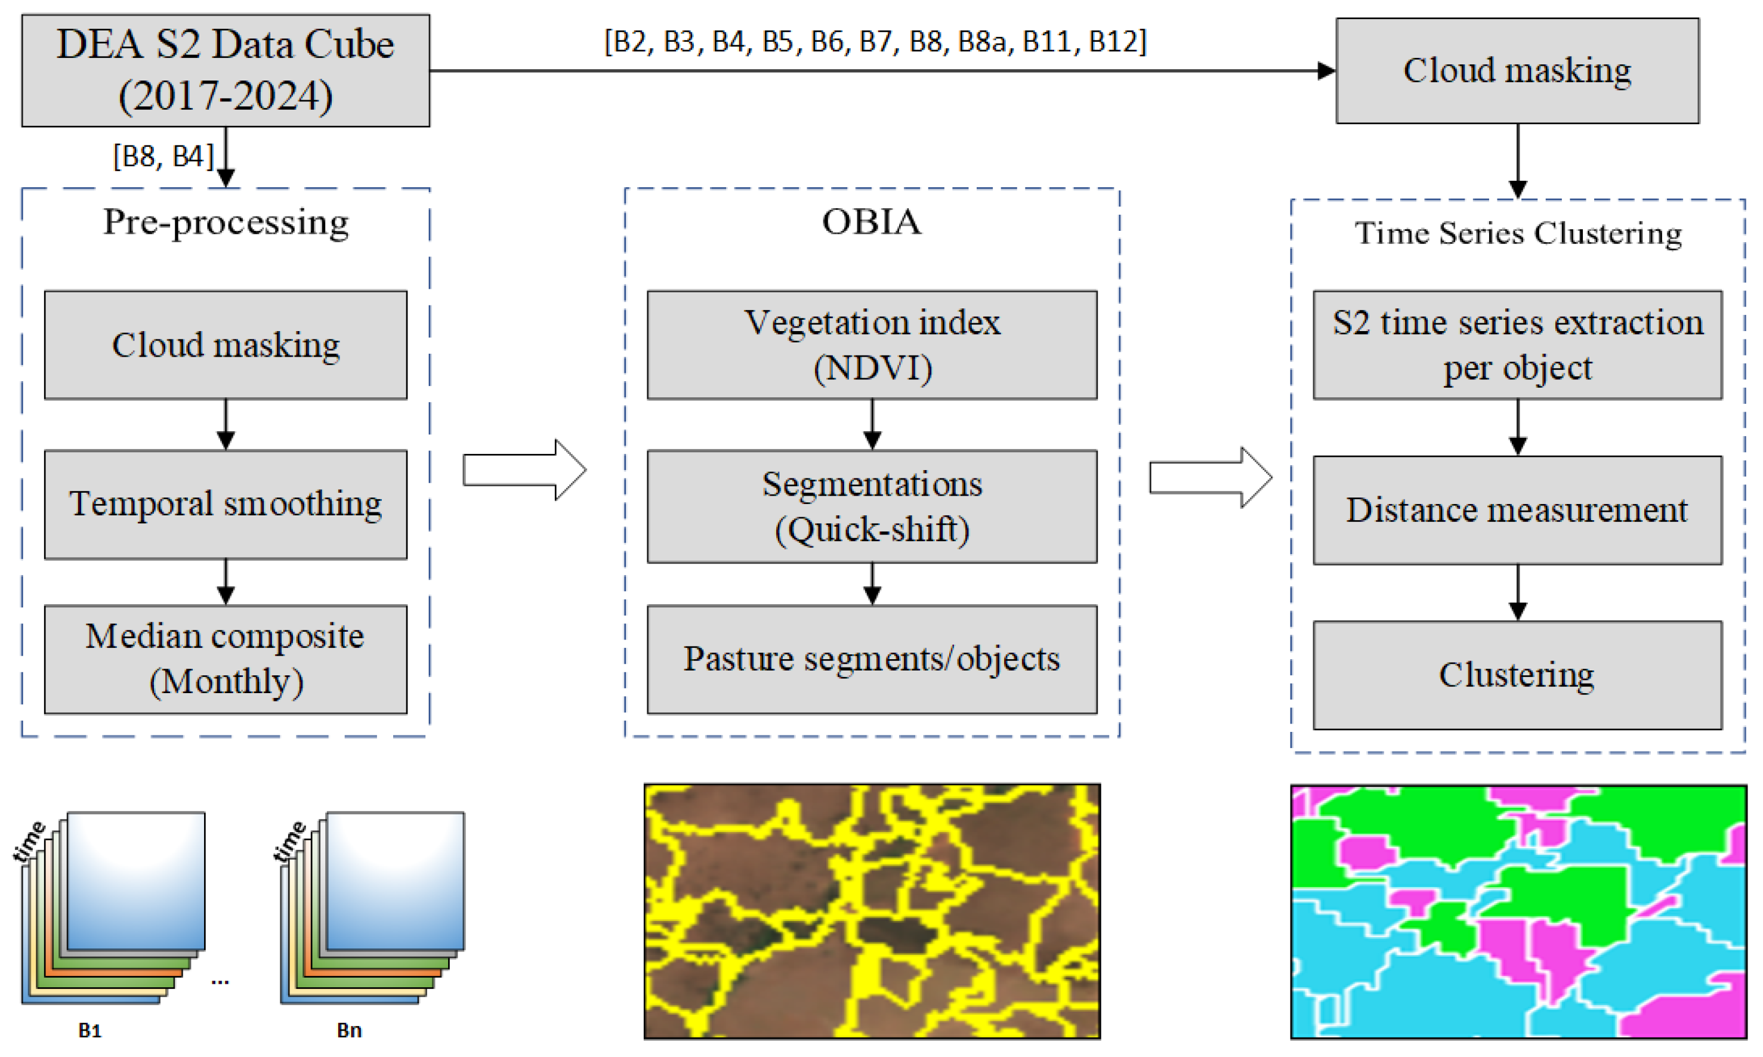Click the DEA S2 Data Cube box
point(225,70)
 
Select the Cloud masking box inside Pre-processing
point(225,345)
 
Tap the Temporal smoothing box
point(225,504)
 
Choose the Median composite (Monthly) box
point(225,659)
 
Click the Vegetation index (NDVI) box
point(871,345)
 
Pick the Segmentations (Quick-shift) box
point(871,506)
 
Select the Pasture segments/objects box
point(871,659)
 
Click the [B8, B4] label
point(163,156)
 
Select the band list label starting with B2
point(875,41)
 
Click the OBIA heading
point(871,221)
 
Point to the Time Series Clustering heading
point(1517,233)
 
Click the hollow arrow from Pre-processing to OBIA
point(524,470)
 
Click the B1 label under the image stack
point(89,1030)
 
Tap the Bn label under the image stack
point(349,1030)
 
